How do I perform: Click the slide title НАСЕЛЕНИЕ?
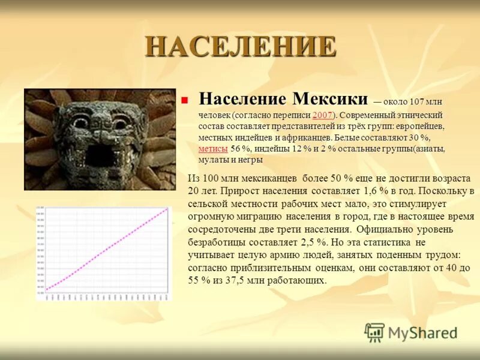click(240, 47)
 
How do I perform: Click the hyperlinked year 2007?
click(323, 115)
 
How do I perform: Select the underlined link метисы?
click(212, 149)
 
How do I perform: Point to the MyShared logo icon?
click(374, 332)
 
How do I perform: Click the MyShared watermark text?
click(423, 333)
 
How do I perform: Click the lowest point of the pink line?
click(47, 289)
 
